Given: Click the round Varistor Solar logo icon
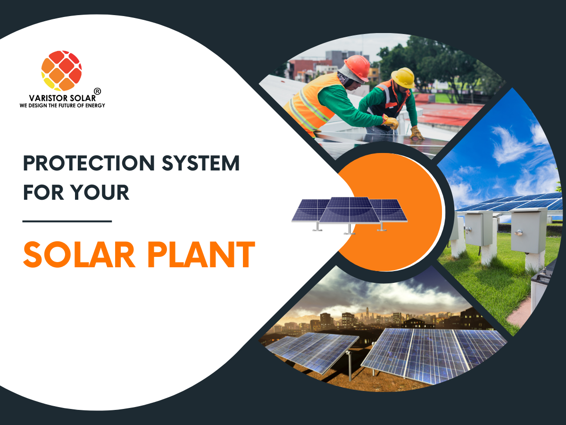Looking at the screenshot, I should (61, 70).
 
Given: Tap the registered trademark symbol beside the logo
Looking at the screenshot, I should (98, 91).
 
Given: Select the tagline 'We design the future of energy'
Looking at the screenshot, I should (62, 105).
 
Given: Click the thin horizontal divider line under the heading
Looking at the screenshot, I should (67, 221).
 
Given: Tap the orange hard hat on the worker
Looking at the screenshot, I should (357, 68).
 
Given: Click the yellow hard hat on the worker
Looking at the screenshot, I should (403, 77).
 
